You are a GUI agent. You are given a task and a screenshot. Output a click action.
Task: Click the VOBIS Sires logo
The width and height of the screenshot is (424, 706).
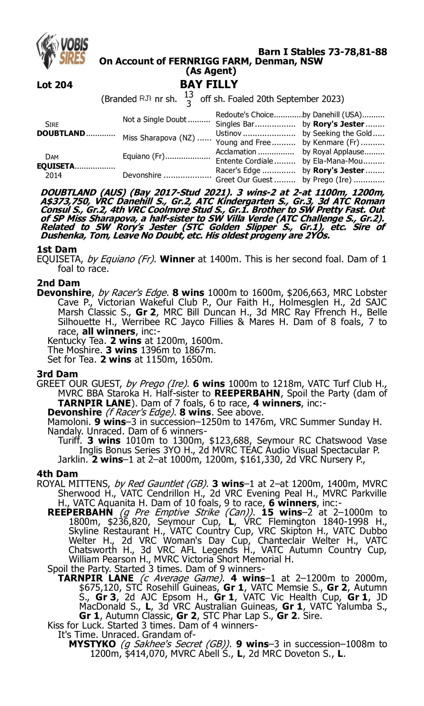click(62, 51)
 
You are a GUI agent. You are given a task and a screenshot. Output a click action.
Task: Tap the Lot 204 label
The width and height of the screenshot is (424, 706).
click(55, 85)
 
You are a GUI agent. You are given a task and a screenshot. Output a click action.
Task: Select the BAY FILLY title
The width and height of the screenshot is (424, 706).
click(209, 84)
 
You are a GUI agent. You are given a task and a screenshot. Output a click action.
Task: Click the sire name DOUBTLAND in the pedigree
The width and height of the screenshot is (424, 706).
click(61, 133)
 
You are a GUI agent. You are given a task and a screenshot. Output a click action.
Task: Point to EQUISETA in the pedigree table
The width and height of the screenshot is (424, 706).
click(55, 166)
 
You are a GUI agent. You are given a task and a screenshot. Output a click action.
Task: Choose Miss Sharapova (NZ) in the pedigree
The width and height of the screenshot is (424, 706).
click(159, 138)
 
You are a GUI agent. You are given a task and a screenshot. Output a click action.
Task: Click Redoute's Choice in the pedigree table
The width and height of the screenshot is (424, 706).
click(244, 115)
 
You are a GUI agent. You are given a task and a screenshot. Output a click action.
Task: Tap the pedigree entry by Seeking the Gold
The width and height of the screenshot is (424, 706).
click(337, 133)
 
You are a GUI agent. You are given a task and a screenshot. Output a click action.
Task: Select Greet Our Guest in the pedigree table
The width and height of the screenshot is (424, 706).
click(244, 180)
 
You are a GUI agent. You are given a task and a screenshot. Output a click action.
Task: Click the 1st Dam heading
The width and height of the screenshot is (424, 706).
click(57, 249)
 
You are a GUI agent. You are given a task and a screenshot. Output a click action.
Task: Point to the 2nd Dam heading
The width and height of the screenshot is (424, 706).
click(58, 283)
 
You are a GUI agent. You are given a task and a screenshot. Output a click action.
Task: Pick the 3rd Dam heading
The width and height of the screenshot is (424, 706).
click(57, 374)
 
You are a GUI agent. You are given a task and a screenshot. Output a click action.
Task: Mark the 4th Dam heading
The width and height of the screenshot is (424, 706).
click(57, 474)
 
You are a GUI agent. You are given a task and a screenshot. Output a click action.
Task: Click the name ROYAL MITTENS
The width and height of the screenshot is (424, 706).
click(73, 484)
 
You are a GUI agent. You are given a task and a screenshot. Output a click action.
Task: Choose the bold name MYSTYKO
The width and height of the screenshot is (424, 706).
click(92, 644)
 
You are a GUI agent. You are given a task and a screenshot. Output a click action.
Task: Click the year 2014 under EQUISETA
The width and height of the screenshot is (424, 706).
click(53, 175)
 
